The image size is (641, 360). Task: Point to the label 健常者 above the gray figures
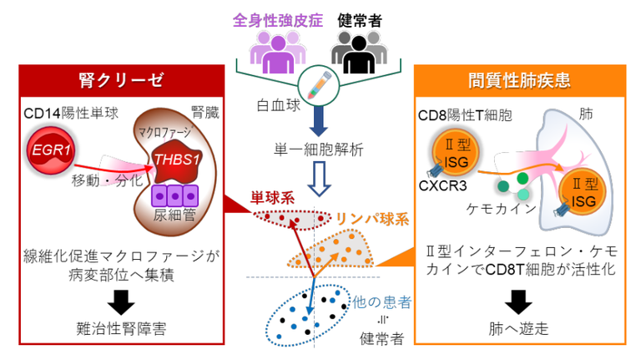click(x=360, y=19)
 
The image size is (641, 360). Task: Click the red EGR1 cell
click(x=52, y=150)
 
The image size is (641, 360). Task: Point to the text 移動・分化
click(x=97, y=180)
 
